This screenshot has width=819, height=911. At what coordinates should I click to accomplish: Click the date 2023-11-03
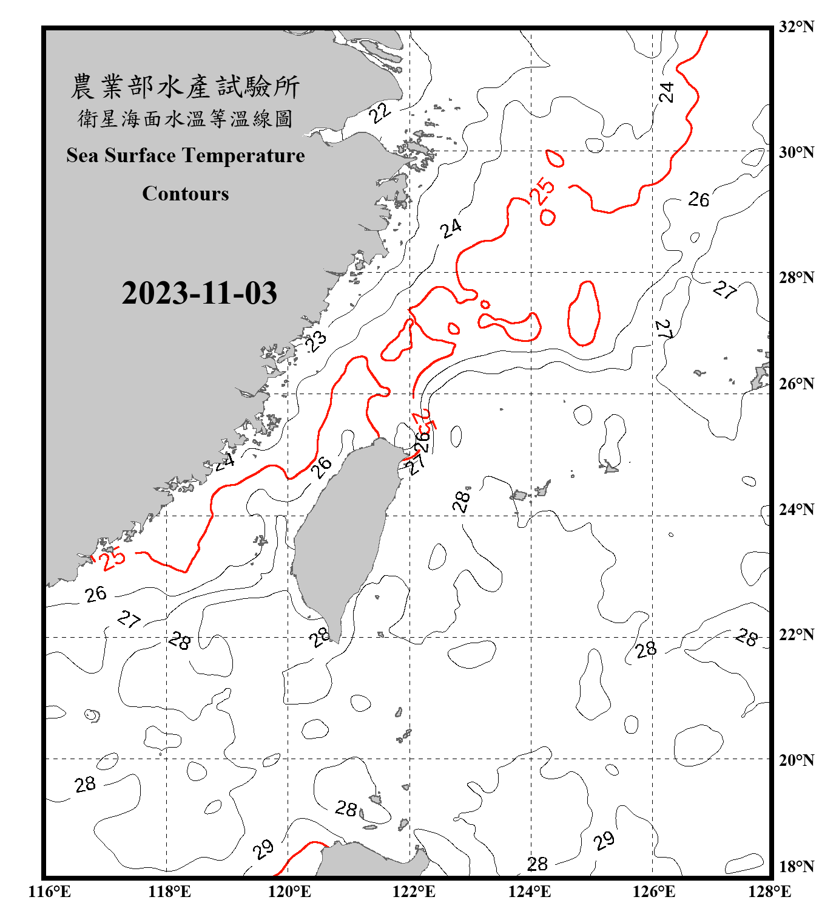click(x=199, y=293)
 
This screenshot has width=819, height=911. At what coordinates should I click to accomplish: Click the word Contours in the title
click(x=185, y=193)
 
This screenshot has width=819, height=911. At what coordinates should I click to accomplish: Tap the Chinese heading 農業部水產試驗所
click(x=185, y=86)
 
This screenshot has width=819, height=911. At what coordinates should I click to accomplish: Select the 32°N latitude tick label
click(x=796, y=27)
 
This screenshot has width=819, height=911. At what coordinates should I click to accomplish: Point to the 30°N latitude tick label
click(x=796, y=152)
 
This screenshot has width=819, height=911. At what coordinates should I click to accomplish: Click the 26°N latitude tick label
click(x=796, y=384)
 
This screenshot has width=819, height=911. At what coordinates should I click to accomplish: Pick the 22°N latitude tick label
click(x=796, y=635)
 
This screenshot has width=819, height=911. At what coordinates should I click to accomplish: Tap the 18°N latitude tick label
click(x=796, y=867)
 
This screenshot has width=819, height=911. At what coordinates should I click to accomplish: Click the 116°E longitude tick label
click(x=50, y=892)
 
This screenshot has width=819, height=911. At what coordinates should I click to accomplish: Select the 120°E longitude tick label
click(x=289, y=892)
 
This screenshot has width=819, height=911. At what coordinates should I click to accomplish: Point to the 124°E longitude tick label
click(x=530, y=892)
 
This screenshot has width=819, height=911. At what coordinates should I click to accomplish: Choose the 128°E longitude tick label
click(x=769, y=892)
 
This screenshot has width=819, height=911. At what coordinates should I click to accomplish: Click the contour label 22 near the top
click(x=380, y=112)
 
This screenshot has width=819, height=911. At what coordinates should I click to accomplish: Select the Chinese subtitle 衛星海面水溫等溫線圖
click(x=185, y=118)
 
